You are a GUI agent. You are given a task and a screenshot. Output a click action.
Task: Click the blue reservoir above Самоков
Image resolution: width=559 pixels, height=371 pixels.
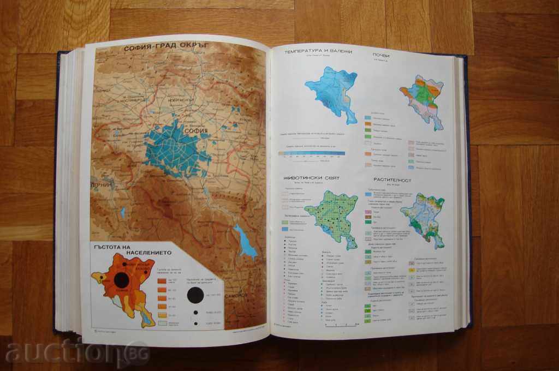pos(246,241)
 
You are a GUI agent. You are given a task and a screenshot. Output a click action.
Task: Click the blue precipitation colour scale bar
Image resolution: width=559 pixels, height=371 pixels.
pos(307,154)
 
